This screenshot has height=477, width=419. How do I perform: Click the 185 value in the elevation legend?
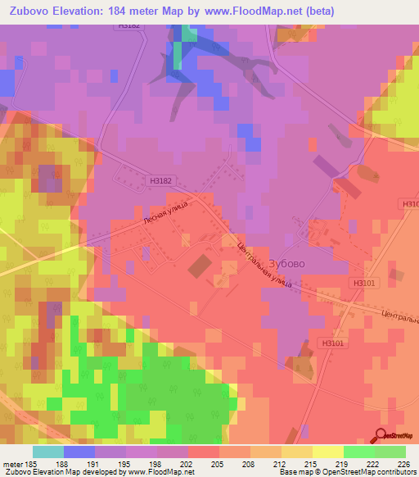[x=32, y=463]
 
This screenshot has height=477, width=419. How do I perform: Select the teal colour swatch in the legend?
[x=47, y=452]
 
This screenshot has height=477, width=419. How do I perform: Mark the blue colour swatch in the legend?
[x=79, y=452]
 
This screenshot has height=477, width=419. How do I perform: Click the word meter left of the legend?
[x=11, y=463]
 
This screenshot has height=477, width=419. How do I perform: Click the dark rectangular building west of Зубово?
[x=199, y=266]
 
